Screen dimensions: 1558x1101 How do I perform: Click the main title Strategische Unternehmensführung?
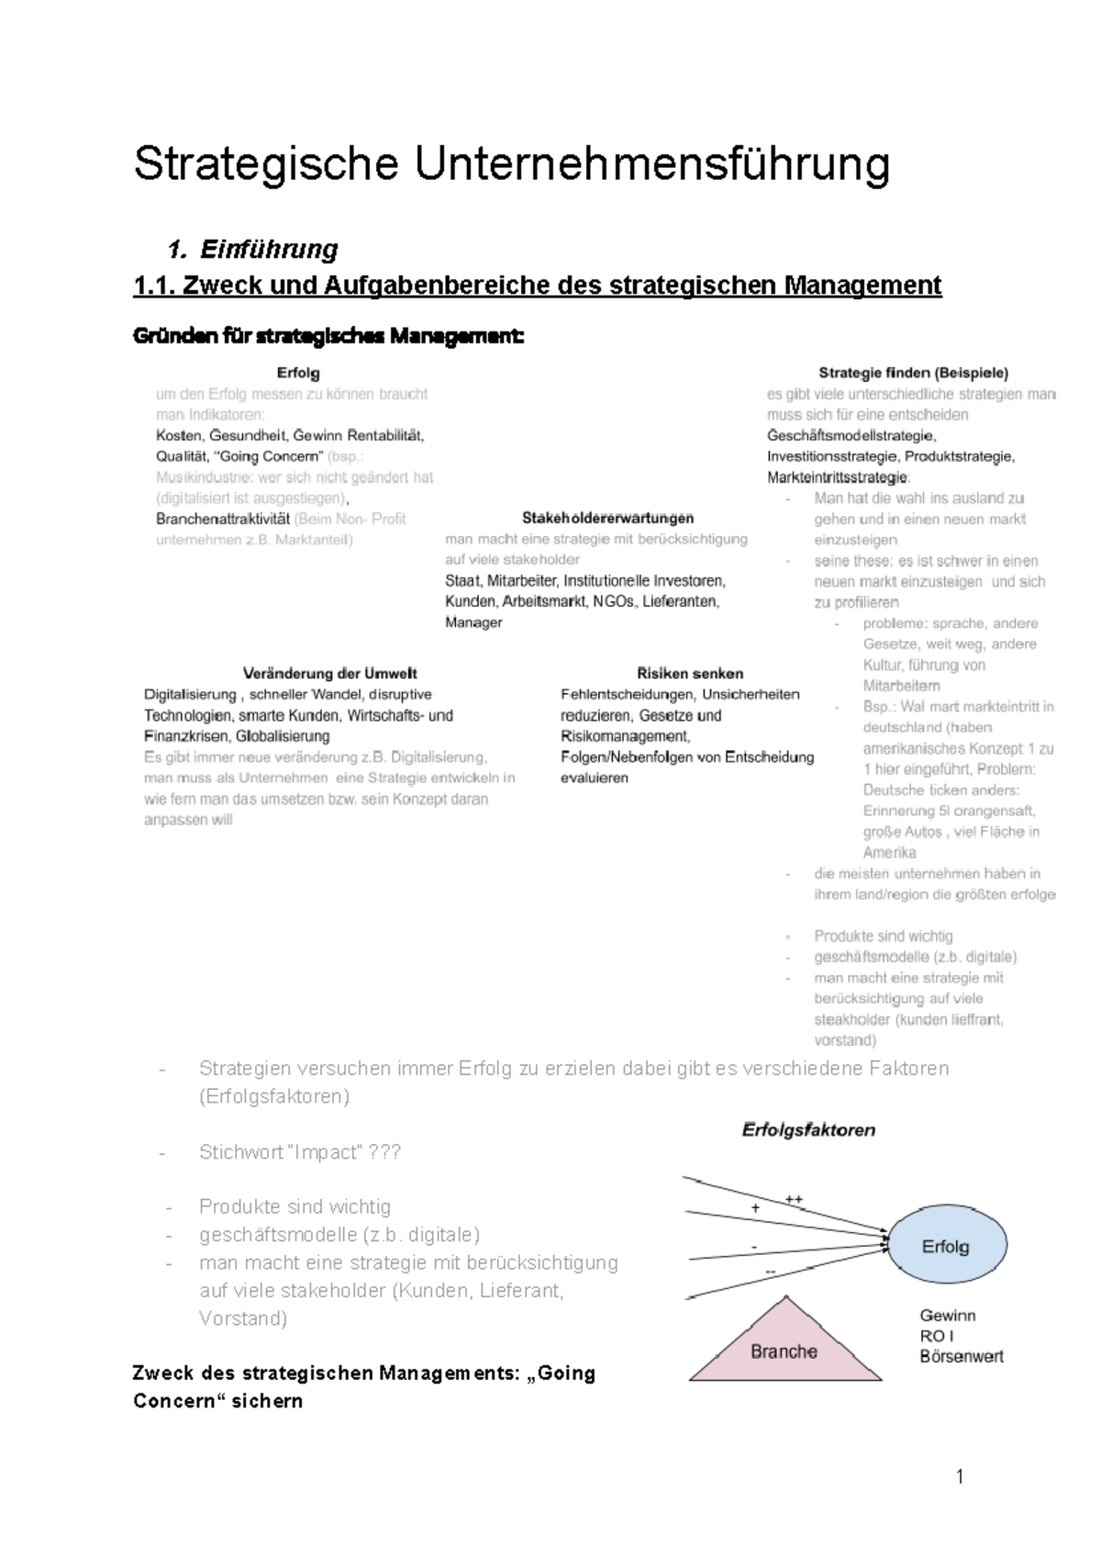[x=511, y=165]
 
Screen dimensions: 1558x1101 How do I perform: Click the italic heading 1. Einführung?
[x=253, y=250]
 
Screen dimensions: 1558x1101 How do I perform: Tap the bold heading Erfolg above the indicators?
[x=297, y=373]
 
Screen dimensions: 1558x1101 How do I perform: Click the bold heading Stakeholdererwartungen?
[x=607, y=518]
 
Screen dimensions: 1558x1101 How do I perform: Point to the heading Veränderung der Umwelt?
[x=329, y=673]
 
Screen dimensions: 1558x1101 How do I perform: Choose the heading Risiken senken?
[x=689, y=673]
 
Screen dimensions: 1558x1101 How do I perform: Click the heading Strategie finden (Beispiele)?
[x=912, y=373]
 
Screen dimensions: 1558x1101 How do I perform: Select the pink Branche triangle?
[x=784, y=1348]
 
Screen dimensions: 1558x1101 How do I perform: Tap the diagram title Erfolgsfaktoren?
[x=808, y=1130]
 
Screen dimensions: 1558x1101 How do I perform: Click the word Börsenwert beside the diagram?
[x=961, y=1356]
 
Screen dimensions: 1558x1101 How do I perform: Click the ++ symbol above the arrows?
[x=793, y=1199]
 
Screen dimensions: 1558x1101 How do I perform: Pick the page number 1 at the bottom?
[x=960, y=1476]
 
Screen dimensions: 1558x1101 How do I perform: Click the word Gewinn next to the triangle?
[x=948, y=1316]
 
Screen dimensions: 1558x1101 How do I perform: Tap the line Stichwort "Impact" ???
[x=299, y=1152]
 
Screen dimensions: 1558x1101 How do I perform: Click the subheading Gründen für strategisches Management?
[x=328, y=337]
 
